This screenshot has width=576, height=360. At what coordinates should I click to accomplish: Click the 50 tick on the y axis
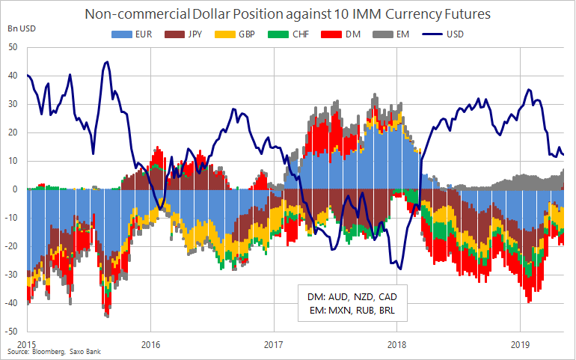[12, 47]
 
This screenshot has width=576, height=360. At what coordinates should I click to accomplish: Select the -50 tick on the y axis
[10, 330]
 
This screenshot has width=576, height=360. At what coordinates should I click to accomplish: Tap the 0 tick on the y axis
[14, 189]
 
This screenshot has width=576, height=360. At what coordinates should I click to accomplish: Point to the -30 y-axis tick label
[10, 274]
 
